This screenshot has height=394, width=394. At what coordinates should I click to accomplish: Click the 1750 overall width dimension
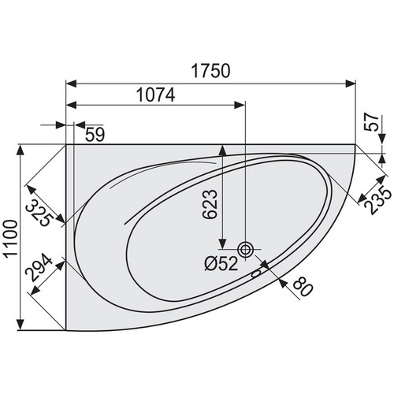click(x=211, y=71)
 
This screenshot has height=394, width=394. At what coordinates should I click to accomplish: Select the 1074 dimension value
click(x=156, y=95)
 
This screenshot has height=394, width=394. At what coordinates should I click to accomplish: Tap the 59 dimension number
click(x=95, y=134)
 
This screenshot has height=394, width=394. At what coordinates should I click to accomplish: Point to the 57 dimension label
click(x=372, y=122)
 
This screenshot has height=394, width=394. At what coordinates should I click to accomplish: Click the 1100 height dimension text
click(x=12, y=239)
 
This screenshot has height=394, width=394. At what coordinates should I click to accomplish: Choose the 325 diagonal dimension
click(x=40, y=213)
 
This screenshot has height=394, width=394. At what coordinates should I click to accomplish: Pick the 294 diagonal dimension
click(x=39, y=267)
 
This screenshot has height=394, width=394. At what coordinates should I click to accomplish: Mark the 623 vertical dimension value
click(x=210, y=204)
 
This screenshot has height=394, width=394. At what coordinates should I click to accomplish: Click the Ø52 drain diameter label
click(x=221, y=263)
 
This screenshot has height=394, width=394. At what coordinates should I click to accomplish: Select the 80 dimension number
click(x=303, y=287)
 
